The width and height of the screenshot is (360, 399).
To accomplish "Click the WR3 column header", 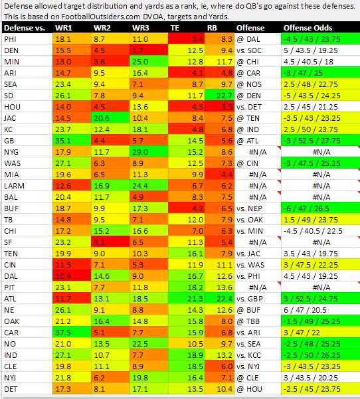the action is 140,28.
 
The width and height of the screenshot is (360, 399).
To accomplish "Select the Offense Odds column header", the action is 308,28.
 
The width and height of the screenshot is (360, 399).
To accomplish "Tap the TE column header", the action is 175,28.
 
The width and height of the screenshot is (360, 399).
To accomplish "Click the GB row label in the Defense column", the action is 9,141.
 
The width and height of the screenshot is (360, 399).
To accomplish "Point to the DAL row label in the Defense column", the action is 11,276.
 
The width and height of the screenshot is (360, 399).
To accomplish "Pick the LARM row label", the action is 14,186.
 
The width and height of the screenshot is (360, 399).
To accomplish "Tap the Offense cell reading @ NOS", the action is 249,84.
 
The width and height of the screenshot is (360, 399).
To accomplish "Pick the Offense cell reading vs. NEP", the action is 249,208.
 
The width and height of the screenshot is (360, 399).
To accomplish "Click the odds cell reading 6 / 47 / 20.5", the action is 305,310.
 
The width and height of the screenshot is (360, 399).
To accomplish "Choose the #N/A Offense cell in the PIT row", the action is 258,287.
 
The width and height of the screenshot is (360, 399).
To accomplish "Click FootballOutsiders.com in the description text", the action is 100,17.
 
